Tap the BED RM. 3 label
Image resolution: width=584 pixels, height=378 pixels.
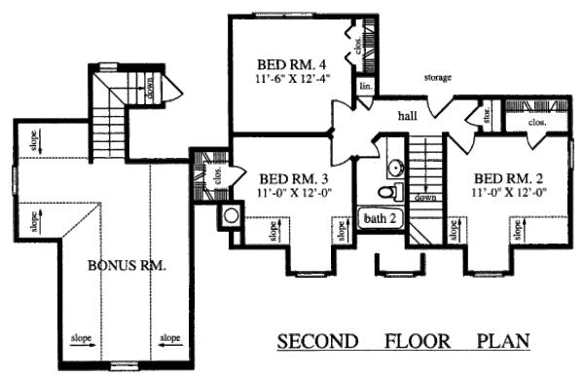click(x=290, y=179)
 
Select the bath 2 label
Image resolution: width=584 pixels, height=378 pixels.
click(x=381, y=218)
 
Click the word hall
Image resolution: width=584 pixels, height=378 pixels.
click(x=409, y=117)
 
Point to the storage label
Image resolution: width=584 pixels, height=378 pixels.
click(x=437, y=77)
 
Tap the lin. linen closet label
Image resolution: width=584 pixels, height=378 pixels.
click(x=366, y=87)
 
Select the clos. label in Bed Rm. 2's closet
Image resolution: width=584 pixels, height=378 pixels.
click(x=536, y=124)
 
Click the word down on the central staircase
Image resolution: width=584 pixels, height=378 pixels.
click(x=425, y=197)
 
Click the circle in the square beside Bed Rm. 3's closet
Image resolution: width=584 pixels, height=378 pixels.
click(x=233, y=215)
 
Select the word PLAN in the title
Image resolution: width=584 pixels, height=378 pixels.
click(x=501, y=342)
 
